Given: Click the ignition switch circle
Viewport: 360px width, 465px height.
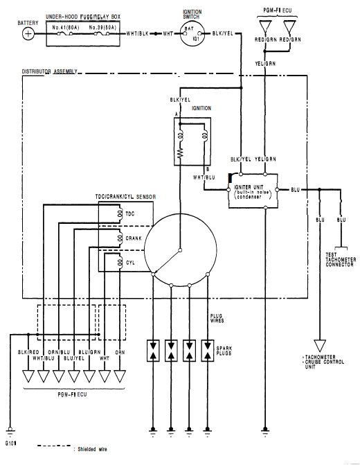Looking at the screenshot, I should (x=192, y=33).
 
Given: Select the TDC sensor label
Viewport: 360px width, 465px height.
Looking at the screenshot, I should (x=130, y=214).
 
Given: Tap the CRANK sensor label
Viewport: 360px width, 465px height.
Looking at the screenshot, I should (x=133, y=238).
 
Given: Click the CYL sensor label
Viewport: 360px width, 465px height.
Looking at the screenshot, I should (x=130, y=263).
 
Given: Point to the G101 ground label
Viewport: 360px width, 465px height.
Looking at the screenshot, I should (x=11, y=440).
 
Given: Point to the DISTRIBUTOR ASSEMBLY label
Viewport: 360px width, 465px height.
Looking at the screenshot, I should (x=49, y=71).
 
